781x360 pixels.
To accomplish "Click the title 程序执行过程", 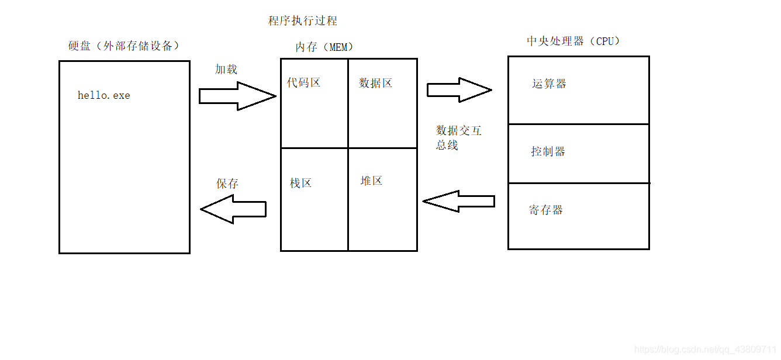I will pos(302,21).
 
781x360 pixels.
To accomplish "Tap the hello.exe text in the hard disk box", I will pos(104,95).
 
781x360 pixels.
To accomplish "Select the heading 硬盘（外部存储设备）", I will pos(124,46).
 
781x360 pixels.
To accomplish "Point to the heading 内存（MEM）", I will pos(324,47).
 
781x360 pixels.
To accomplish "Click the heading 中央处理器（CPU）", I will pos(573,41).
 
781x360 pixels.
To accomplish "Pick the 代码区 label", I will pos(303,82).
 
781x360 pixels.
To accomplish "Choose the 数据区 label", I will pos(375,83).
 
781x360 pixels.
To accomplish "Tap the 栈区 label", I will pos(300,183).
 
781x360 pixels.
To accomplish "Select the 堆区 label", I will pos(371,181).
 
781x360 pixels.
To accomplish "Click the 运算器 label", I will pos(549,84).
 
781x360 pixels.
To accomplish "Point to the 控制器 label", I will pos(548,151).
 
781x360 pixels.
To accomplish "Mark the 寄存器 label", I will pos(546,210).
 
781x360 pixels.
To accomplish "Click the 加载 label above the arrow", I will pos(226,69).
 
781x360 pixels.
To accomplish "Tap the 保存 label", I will pos(227,184).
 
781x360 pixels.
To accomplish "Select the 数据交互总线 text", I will pos(458,137).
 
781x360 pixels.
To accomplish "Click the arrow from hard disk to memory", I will pos(237,96).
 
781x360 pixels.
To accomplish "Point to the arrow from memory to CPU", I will pos(459,90).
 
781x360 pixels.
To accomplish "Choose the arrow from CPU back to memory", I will pos(459,202).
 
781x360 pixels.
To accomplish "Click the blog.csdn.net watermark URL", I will pos(705,349).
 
